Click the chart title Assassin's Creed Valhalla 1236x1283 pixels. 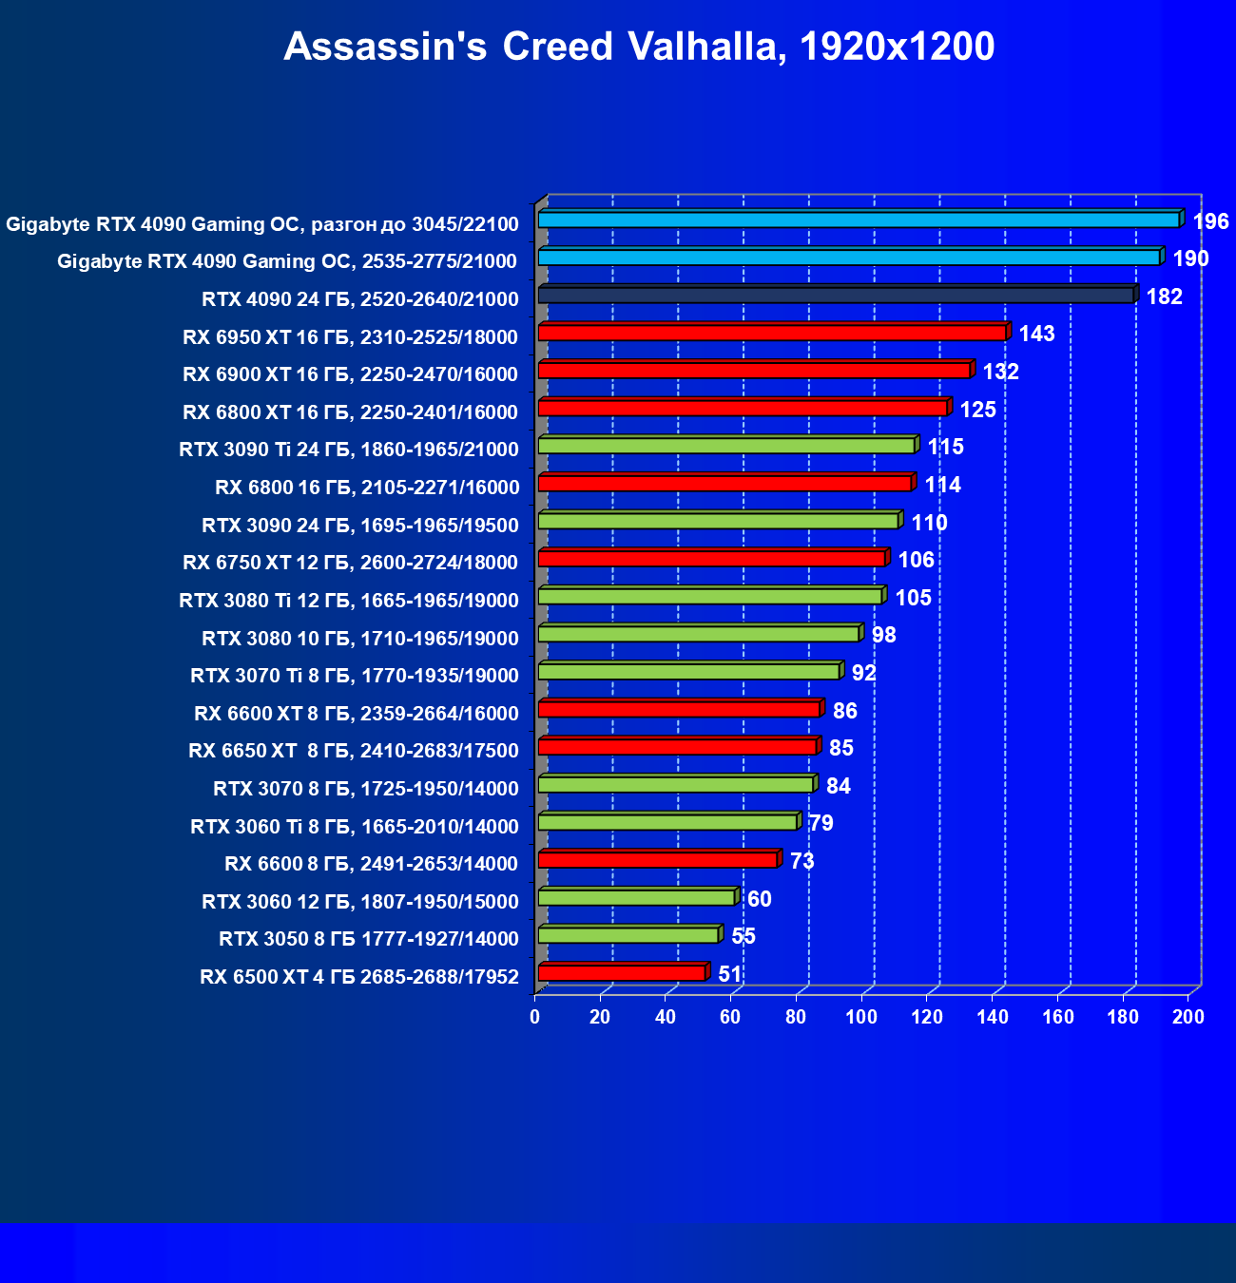pos(639,47)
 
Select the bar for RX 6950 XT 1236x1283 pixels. pos(772,333)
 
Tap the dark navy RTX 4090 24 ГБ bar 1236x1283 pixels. pos(836,296)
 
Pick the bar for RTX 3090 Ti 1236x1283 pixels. pos(726,446)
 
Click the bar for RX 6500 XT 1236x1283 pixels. pos(622,972)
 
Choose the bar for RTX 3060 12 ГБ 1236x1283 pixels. pos(636,897)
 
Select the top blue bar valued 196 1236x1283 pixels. pos(859,220)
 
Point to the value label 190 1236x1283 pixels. pos(1190,259)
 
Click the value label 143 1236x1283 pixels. pos(1036,334)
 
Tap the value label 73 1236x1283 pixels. pos(801,861)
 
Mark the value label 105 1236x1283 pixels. pos(913,598)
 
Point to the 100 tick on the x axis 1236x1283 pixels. pos(861,1017)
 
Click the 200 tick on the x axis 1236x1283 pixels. pos(1188,1017)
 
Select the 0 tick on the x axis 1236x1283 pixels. pos(535,1017)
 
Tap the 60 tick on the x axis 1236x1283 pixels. pos(730,1017)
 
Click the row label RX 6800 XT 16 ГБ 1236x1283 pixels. pos(350,412)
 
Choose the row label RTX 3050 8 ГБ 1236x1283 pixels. pos(369,939)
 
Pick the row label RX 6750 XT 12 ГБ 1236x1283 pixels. pos(350,563)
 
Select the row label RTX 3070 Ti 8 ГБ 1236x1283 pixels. pos(354,676)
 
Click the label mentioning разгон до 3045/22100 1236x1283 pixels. pos(262,224)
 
